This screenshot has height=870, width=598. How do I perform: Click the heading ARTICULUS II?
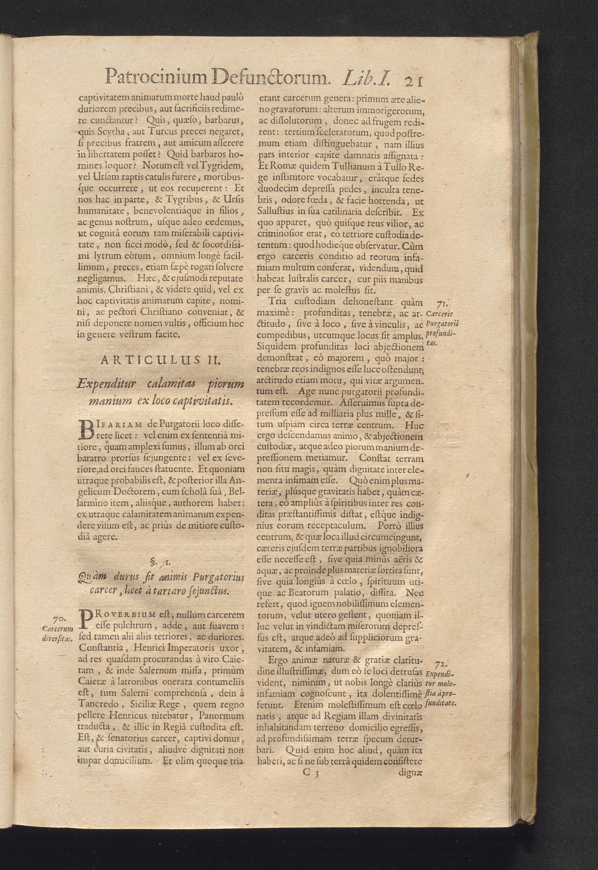point(161,360)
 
